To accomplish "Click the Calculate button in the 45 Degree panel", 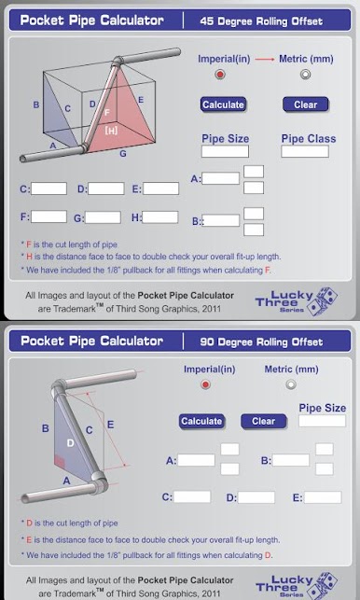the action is click(x=223, y=105).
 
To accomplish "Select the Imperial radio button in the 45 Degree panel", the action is click(x=220, y=75).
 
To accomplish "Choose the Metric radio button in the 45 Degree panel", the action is click(x=305, y=75).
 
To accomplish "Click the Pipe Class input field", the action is click(x=305, y=151).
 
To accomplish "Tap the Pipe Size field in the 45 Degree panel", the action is click(x=225, y=151).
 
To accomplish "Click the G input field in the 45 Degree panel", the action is click(x=103, y=217).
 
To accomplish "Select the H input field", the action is click(x=159, y=217).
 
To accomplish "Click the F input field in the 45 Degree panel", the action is click(x=48, y=216).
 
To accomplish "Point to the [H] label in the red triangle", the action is click(x=111, y=131).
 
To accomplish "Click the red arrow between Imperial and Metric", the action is click(x=265, y=60).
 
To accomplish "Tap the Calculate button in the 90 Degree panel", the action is click(x=201, y=421).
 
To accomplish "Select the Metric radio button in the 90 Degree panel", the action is click(x=291, y=384).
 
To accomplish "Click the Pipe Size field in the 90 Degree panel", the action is click(x=322, y=421).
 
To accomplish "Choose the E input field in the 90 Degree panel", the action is click(x=323, y=497).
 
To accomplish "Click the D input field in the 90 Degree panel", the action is click(x=256, y=497).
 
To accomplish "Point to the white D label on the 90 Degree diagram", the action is click(x=70, y=443).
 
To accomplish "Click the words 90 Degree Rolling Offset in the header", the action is click(x=261, y=342).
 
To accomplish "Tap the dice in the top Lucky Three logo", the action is click(x=322, y=300).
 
